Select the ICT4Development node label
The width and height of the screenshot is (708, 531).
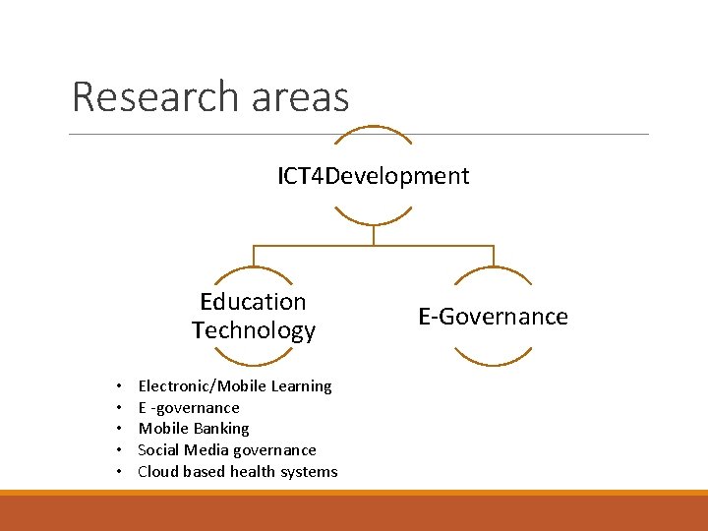[373, 176]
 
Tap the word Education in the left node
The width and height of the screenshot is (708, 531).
[253, 302]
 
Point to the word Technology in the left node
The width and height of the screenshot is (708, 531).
[254, 330]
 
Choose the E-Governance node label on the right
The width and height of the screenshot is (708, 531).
[493, 317]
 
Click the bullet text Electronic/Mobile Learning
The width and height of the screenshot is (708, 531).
[235, 386]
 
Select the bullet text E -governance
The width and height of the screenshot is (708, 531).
[189, 408]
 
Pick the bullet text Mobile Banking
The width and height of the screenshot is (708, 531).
[194, 429]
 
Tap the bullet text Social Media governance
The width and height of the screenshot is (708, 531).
[227, 450]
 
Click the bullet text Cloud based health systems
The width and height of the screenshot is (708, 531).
[238, 472]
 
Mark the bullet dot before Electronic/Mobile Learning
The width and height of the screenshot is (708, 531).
[117, 386]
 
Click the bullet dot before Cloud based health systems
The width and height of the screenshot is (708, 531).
[117, 472]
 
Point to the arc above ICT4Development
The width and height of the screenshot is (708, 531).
[373, 128]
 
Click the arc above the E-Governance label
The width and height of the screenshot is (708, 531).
[493, 270]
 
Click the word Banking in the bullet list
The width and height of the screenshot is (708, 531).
[221, 429]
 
